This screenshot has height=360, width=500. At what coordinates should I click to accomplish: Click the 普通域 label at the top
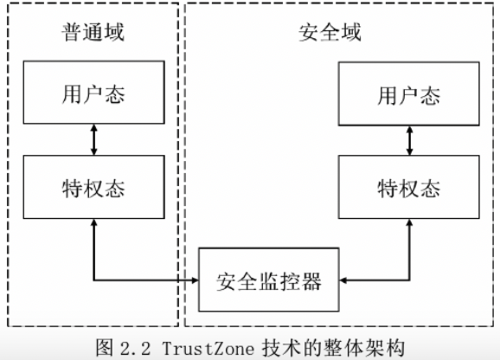point(93,33)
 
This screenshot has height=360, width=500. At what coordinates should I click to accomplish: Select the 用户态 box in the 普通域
point(93,93)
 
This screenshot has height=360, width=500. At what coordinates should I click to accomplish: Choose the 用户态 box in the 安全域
point(408,93)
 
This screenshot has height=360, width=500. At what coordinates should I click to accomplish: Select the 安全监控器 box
point(270,280)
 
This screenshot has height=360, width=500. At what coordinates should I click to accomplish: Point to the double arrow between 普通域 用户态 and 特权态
point(93,139)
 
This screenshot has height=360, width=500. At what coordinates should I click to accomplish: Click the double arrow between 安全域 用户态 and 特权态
point(409,139)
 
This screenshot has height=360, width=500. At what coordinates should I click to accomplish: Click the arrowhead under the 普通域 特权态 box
point(93,222)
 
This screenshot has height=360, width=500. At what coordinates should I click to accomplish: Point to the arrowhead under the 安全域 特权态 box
point(409,222)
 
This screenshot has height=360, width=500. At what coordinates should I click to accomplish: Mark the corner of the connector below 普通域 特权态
point(93,280)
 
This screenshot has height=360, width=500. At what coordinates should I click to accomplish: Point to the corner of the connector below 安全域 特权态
point(409,280)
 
